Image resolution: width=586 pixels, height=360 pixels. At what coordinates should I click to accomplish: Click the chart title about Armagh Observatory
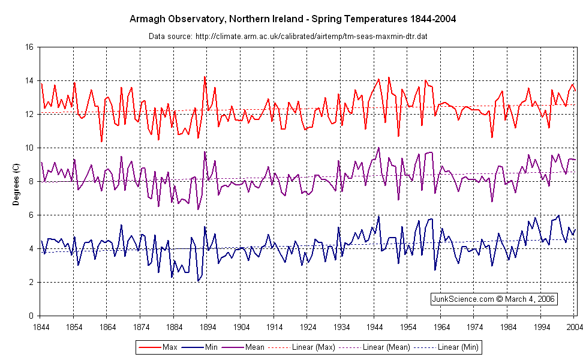click(293, 19)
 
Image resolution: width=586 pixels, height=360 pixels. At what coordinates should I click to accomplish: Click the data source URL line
click(288, 37)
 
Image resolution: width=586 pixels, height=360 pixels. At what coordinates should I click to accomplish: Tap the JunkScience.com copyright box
click(494, 298)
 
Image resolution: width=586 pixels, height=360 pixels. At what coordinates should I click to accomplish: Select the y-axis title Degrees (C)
click(16, 181)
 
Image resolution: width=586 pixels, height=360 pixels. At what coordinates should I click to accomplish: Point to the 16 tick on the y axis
click(29, 47)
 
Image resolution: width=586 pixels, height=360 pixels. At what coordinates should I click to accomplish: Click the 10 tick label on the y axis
click(29, 148)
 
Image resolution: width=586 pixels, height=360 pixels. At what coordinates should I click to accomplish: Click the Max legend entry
click(166, 347)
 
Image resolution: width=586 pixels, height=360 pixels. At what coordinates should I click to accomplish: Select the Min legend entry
click(211, 347)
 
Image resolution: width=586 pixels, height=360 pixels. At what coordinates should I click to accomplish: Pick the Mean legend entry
click(257, 347)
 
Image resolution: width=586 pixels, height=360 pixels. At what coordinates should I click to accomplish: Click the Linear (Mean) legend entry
click(383, 347)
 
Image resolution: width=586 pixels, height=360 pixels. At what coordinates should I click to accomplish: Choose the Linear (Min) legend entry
click(452, 347)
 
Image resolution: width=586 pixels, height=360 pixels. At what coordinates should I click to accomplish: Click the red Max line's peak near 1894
click(205, 76)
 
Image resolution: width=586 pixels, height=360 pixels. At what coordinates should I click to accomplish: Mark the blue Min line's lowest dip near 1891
click(198, 281)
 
